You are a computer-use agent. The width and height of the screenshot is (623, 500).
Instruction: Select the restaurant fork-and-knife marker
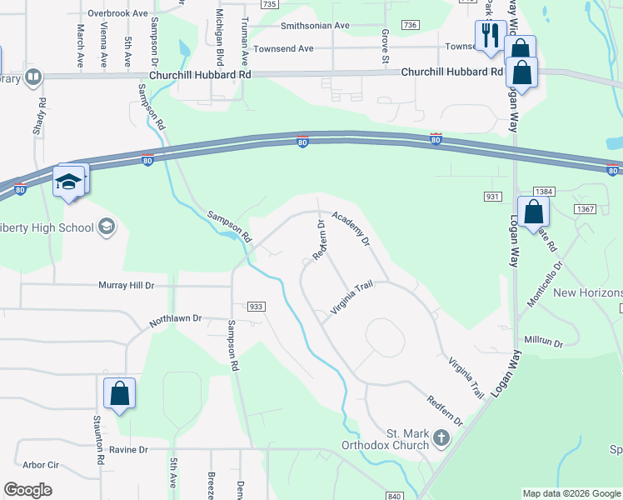[x=487, y=37]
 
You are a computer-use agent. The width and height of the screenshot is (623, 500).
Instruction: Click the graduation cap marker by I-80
[x=67, y=181]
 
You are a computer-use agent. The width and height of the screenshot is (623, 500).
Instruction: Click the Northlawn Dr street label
[x=176, y=318]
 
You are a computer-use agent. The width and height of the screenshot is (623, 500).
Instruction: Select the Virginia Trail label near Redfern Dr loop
[x=350, y=298]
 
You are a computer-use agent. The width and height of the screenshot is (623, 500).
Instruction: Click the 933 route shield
[x=256, y=307]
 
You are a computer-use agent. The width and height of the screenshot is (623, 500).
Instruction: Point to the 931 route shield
[x=491, y=196]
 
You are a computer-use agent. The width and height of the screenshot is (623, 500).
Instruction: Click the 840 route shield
[x=395, y=496]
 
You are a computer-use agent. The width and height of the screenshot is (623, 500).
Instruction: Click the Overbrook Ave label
[x=117, y=14]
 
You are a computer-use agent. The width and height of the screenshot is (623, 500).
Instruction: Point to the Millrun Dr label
[x=544, y=342]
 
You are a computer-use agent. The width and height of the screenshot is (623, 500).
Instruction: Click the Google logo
[x=27, y=490]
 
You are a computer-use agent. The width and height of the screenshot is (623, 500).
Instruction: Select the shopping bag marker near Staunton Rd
[x=119, y=393]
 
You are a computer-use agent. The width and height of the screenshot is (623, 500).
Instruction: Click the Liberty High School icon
[x=106, y=227]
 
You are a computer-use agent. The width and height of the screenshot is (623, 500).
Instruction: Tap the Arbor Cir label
[x=41, y=465]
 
